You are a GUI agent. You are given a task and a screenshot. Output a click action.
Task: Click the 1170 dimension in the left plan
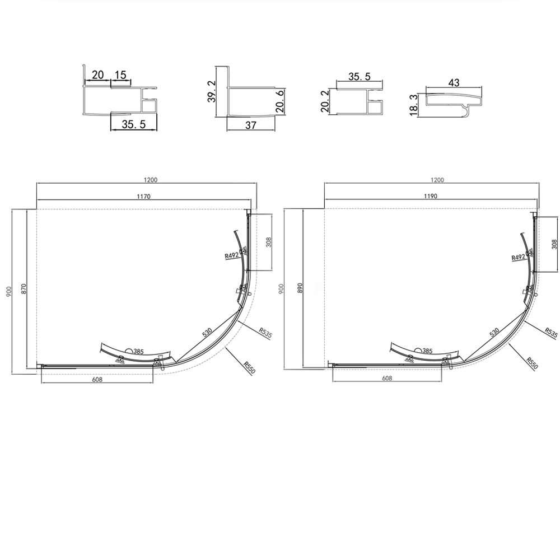[143, 196]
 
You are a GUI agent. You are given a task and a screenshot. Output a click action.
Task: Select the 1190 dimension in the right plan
[431, 196]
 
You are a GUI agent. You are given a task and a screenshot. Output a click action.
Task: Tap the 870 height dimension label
[24, 288]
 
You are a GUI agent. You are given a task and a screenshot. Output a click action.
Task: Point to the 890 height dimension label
[300, 288]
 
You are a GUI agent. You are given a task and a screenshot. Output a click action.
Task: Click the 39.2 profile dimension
[212, 91]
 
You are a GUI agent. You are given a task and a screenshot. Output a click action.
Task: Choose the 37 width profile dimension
[251, 125]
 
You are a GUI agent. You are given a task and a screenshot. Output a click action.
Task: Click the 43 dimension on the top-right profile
[454, 82]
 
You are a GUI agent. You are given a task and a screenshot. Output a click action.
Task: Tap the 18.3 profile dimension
[414, 105]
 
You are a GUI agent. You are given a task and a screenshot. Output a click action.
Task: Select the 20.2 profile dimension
[325, 101]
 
